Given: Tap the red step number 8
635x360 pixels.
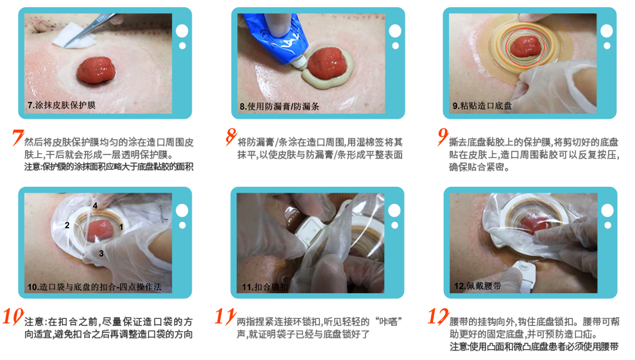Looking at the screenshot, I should point(230,137).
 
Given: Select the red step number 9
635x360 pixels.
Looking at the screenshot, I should point(442,137).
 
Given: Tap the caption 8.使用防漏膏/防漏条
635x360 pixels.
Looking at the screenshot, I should point(279,107).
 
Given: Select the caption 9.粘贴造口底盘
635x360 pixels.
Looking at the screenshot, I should point(482,106).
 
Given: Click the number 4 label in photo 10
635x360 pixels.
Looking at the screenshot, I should point(94,205).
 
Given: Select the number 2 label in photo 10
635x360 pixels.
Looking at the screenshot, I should point(67,225).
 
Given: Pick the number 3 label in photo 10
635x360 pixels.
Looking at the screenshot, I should point(101,254).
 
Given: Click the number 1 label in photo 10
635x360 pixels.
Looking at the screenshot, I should point(121,227).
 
